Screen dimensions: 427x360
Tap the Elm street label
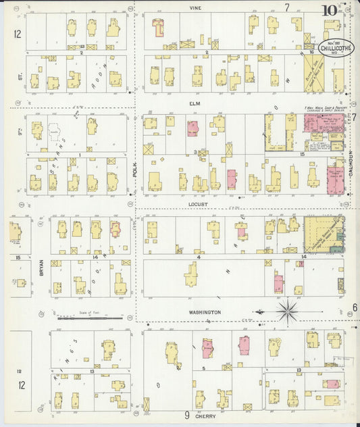[197, 105]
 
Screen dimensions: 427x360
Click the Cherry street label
[205, 417]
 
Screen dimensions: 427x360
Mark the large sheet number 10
[329, 10]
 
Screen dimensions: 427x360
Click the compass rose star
[288, 311]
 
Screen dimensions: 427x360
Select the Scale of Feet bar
[90, 317]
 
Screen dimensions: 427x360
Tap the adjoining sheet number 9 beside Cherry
[186, 416]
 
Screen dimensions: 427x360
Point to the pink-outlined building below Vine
[158, 27]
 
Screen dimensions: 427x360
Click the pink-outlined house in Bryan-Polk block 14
[115, 228]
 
